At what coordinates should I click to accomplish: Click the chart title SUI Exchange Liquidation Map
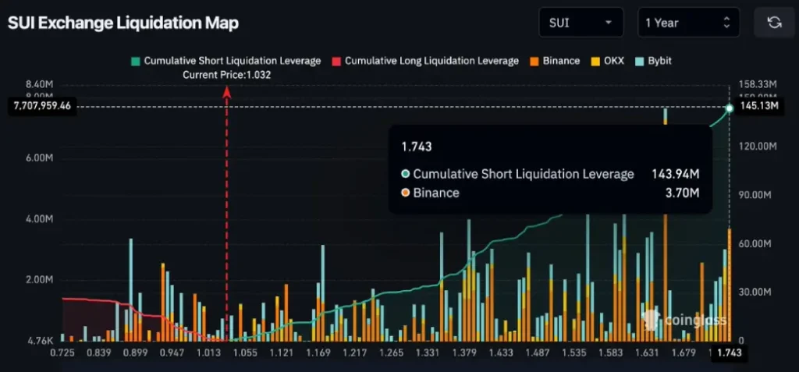point(123,23)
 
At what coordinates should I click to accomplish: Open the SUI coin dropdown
point(581,23)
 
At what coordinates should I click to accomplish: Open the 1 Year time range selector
point(687,23)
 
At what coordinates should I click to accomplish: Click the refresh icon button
point(774,23)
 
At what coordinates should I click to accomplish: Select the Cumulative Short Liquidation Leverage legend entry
point(226,61)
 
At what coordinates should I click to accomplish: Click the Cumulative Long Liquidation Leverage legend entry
point(425,61)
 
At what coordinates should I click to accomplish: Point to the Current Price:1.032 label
point(226,75)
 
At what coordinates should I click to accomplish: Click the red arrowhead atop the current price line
point(227,91)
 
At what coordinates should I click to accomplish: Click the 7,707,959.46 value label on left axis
point(42,108)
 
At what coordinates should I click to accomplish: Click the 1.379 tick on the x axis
point(464,353)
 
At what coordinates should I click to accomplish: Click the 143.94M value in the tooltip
point(675,174)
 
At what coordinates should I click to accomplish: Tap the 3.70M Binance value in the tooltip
point(683,193)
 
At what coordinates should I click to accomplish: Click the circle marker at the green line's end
point(730,108)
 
